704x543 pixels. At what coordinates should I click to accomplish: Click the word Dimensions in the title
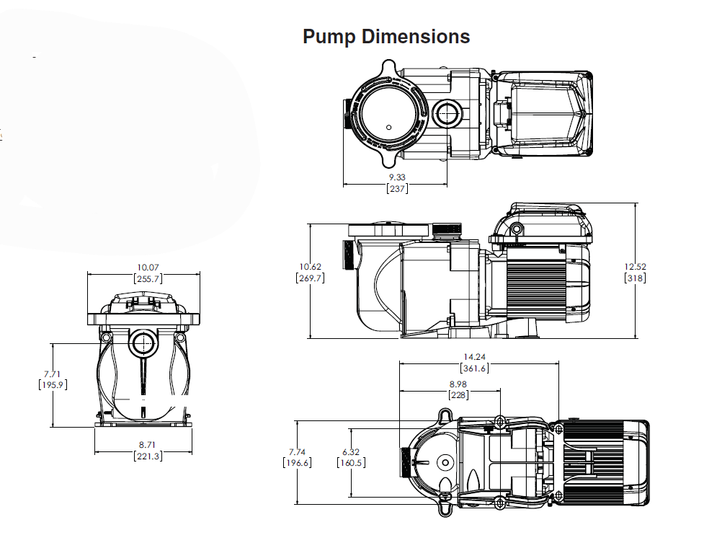pyautogui.click(x=415, y=37)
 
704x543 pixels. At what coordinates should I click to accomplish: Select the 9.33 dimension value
pyautogui.click(x=396, y=177)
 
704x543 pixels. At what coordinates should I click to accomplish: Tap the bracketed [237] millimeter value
pyautogui.click(x=396, y=189)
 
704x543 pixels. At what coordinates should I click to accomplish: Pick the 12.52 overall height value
pyautogui.click(x=635, y=267)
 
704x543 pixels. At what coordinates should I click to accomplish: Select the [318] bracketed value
pyautogui.click(x=635, y=278)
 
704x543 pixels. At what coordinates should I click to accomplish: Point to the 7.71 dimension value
pyautogui.click(x=53, y=374)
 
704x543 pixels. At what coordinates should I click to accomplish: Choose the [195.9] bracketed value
pyautogui.click(x=53, y=385)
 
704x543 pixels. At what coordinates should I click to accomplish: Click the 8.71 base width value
pyautogui.click(x=148, y=445)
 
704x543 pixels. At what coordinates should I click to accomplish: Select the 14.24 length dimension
pyautogui.click(x=474, y=356)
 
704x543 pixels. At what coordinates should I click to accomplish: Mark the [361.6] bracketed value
pyautogui.click(x=474, y=368)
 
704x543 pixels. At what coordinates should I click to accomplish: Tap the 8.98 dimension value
pyautogui.click(x=458, y=384)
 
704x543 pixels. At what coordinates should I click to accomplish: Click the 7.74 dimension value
pyautogui.click(x=297, y=451)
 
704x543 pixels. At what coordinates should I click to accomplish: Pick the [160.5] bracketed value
pyautogui.click(x=350, y=463)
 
